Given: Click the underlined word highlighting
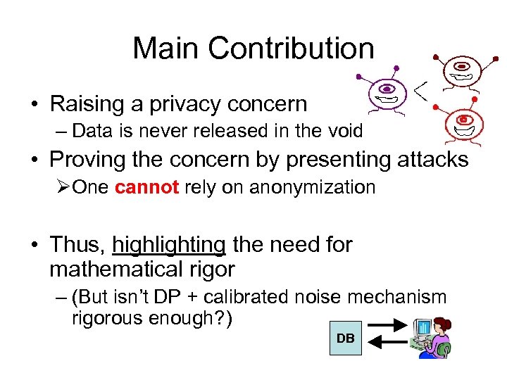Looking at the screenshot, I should pyautogui.click(x=169, y=245).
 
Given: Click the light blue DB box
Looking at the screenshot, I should pyautogui.click(x=345, y=338).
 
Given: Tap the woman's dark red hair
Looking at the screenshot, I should pyautogui.click(x=443, y=323).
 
